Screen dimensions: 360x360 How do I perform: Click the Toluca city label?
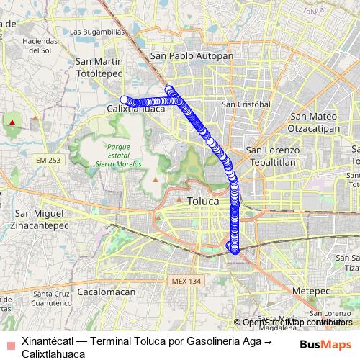[202, 201]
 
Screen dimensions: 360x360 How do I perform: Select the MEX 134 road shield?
[184, 281]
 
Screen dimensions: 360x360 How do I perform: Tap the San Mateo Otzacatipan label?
[314, 122]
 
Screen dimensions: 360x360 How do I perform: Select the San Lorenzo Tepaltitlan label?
[272, 156]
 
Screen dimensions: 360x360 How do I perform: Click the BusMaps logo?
[325, 344]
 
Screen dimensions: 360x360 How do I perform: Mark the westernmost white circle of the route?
[125, 100]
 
